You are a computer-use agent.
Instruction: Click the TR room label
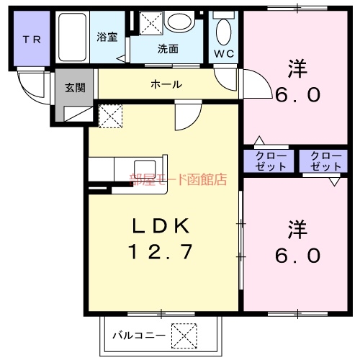(x=32, y=40)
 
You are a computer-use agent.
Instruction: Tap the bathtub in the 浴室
(x=72, y=37)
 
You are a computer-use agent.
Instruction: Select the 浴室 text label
(x=107, y=37)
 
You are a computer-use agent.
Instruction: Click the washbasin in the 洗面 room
(x=180, y=21)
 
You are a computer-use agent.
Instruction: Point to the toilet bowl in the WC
(x=224, y=32)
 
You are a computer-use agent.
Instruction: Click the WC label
(x=224, y=54)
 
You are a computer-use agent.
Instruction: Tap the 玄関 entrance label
(x=75, y=88)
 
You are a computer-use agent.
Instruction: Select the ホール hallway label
(x=166, y=84)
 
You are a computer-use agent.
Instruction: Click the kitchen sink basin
(x=145, y=168)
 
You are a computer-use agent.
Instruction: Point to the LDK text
(x=161, y=226)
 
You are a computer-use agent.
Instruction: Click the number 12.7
(x=161, y=251)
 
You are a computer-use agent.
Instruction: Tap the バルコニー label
(x=139, y=336)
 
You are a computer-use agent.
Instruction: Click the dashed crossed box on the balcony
(x=184, y=336)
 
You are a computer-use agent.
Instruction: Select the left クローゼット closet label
(x=270, y=161)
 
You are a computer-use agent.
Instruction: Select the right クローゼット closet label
(x=325, y=161)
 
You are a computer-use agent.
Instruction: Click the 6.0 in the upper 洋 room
(x=297, y=94)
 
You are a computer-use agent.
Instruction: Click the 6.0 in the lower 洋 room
(x=297, y=256)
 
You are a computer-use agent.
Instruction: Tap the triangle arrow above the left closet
(x=259, y=140)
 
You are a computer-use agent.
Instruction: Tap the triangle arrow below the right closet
(x=335, y=181)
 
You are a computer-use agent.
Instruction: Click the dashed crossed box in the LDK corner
(x=111, y=116)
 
